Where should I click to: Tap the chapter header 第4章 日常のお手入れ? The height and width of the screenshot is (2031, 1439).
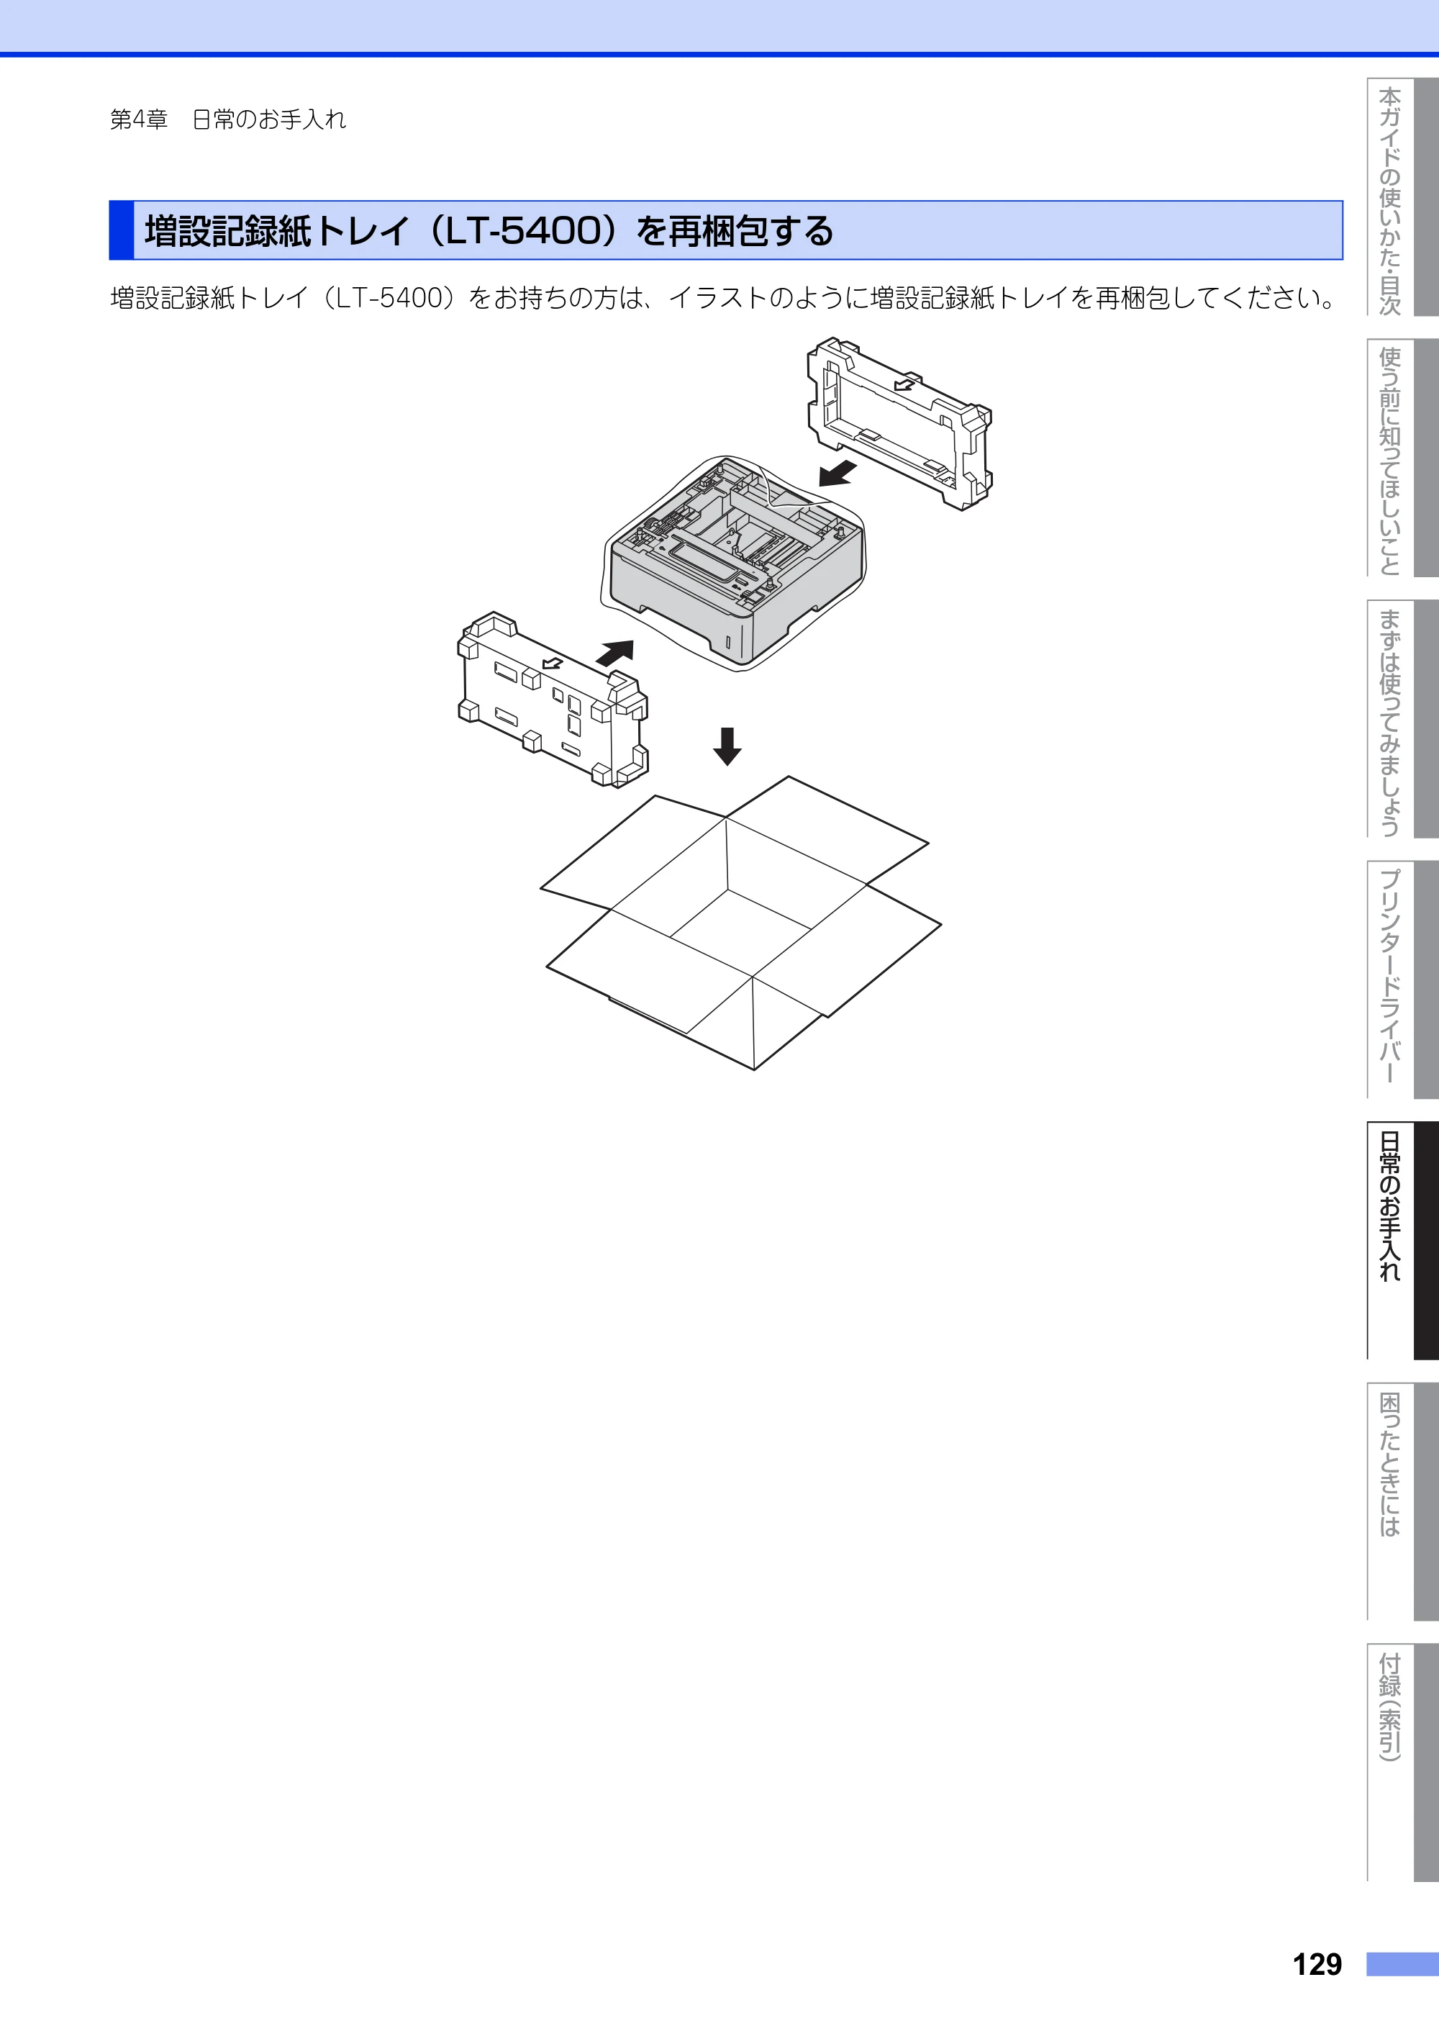point(228,119)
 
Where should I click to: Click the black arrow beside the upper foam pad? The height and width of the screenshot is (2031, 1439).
point(837,473)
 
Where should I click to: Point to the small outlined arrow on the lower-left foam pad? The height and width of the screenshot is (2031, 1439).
point(552,663)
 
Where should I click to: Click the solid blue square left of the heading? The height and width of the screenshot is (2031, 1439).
point(122,230)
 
